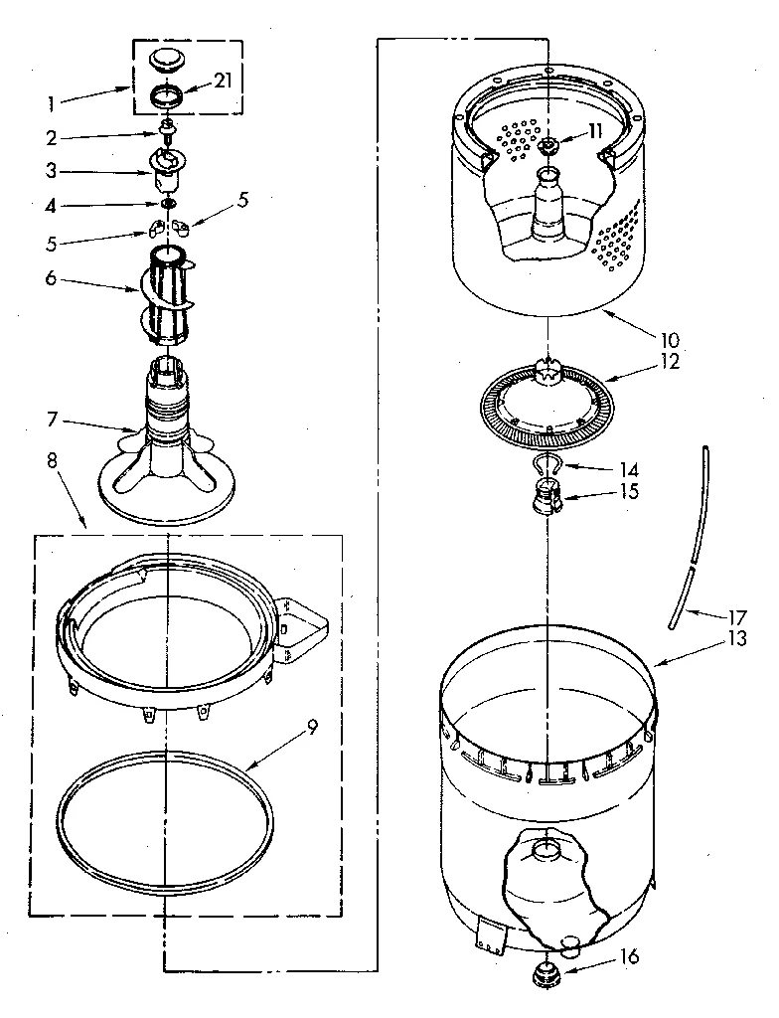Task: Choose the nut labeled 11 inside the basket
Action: coord(547,146)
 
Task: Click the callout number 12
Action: coord(670,361)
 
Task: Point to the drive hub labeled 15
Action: coord(545,491)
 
